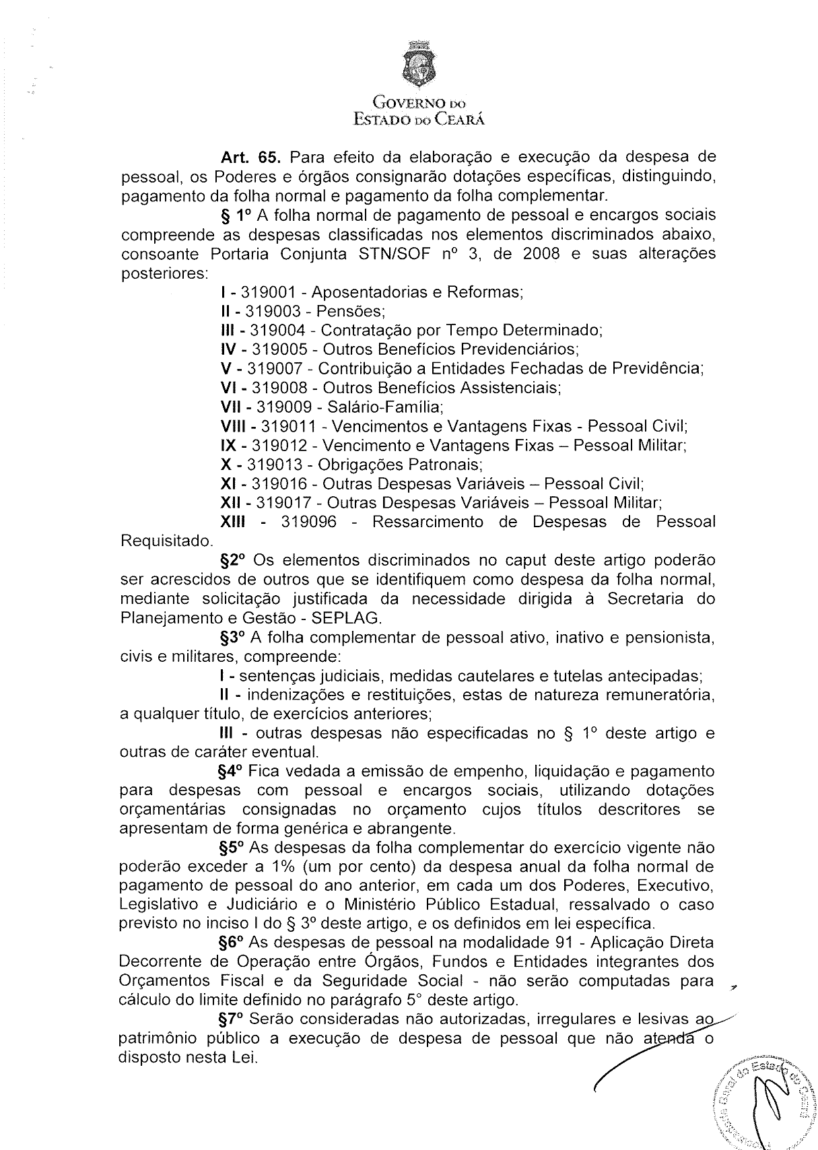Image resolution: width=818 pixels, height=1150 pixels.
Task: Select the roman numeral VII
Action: [x=233, y=407]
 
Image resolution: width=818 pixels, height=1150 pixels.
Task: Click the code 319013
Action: [x=274, y=465]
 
